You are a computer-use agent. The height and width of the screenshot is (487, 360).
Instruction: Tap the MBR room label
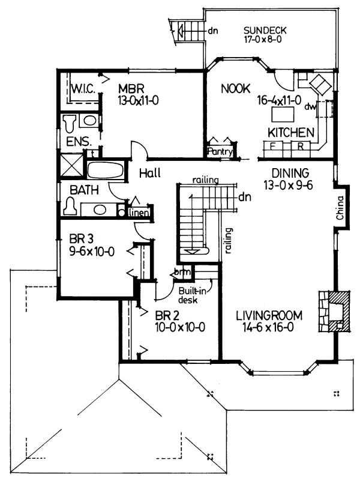[129, 87]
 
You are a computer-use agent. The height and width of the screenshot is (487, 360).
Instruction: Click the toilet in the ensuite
[70, 123]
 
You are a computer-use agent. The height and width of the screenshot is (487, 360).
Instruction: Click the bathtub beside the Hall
[105, 169]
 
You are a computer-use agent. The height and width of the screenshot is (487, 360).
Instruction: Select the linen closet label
[138, 212]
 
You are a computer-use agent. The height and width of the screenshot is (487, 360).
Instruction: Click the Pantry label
[220, 153]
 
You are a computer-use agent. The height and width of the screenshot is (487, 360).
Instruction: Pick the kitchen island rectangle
[284, 113]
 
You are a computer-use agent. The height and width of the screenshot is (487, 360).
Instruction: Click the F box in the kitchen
[272, 146]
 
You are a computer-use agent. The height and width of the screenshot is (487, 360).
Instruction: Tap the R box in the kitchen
[298, 146]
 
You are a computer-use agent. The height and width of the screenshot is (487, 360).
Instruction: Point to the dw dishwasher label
[310, 107]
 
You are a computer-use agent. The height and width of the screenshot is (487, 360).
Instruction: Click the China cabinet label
[339, 207]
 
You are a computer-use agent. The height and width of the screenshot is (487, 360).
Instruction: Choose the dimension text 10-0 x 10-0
[181, 327]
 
